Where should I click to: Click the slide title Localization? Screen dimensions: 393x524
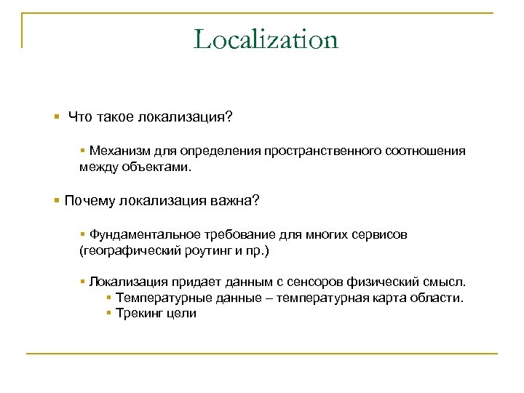[266, 39]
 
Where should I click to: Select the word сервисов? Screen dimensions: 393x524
[380, 235]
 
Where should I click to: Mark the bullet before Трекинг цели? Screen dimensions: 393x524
[108, 314]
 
